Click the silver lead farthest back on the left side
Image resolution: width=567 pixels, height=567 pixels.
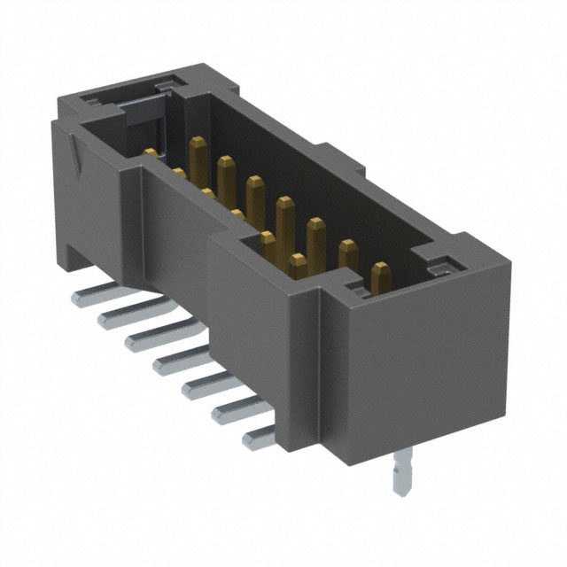pos(89,293)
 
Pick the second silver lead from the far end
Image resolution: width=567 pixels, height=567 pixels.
pos(115,315)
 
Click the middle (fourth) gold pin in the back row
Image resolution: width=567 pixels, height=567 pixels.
pos(284,213)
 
